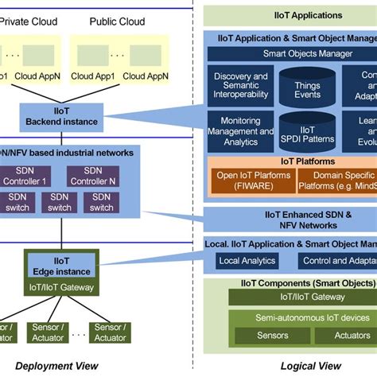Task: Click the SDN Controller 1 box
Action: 29,176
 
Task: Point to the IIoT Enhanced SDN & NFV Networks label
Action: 290,220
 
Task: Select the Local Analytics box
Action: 247,261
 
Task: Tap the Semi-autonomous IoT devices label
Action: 301,318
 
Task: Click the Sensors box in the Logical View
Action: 272,335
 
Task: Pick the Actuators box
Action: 351,335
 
